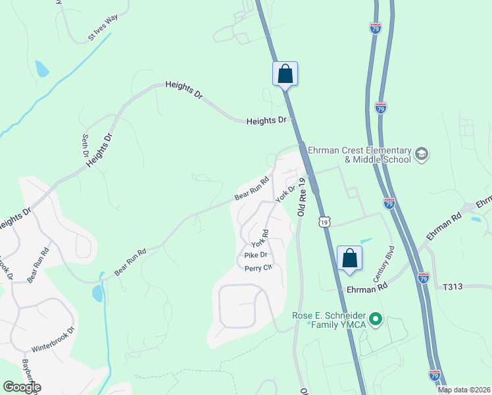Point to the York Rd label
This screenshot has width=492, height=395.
pos(261,239)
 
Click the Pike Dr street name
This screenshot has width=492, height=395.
pos(255,255)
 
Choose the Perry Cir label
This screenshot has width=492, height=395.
pos(258,268)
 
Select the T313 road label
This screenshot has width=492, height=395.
pos(454,287)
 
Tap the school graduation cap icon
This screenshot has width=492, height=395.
pos(422,155)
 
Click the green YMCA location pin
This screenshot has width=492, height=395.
pos(376,321)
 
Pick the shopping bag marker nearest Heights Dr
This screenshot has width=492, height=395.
pos(285,73)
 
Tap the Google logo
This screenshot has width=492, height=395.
pos(21,387)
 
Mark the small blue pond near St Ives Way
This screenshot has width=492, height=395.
pos(42,69)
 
